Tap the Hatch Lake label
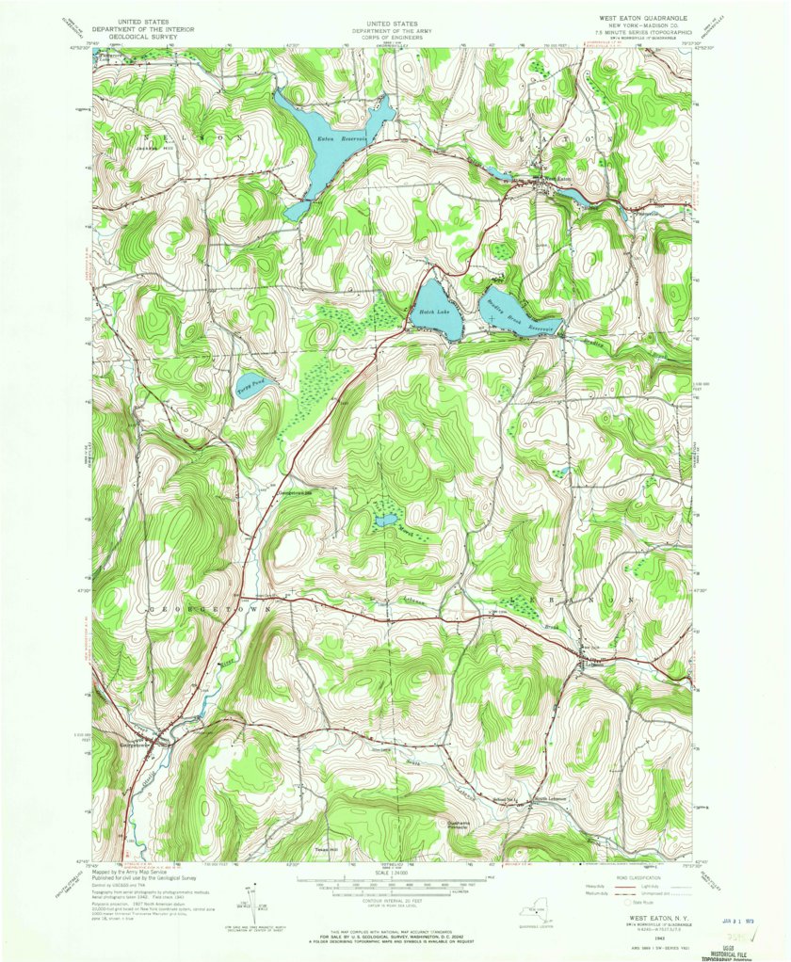coord(435,311)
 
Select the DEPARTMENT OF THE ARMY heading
coord(394,30)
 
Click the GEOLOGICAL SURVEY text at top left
coord(145,38)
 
